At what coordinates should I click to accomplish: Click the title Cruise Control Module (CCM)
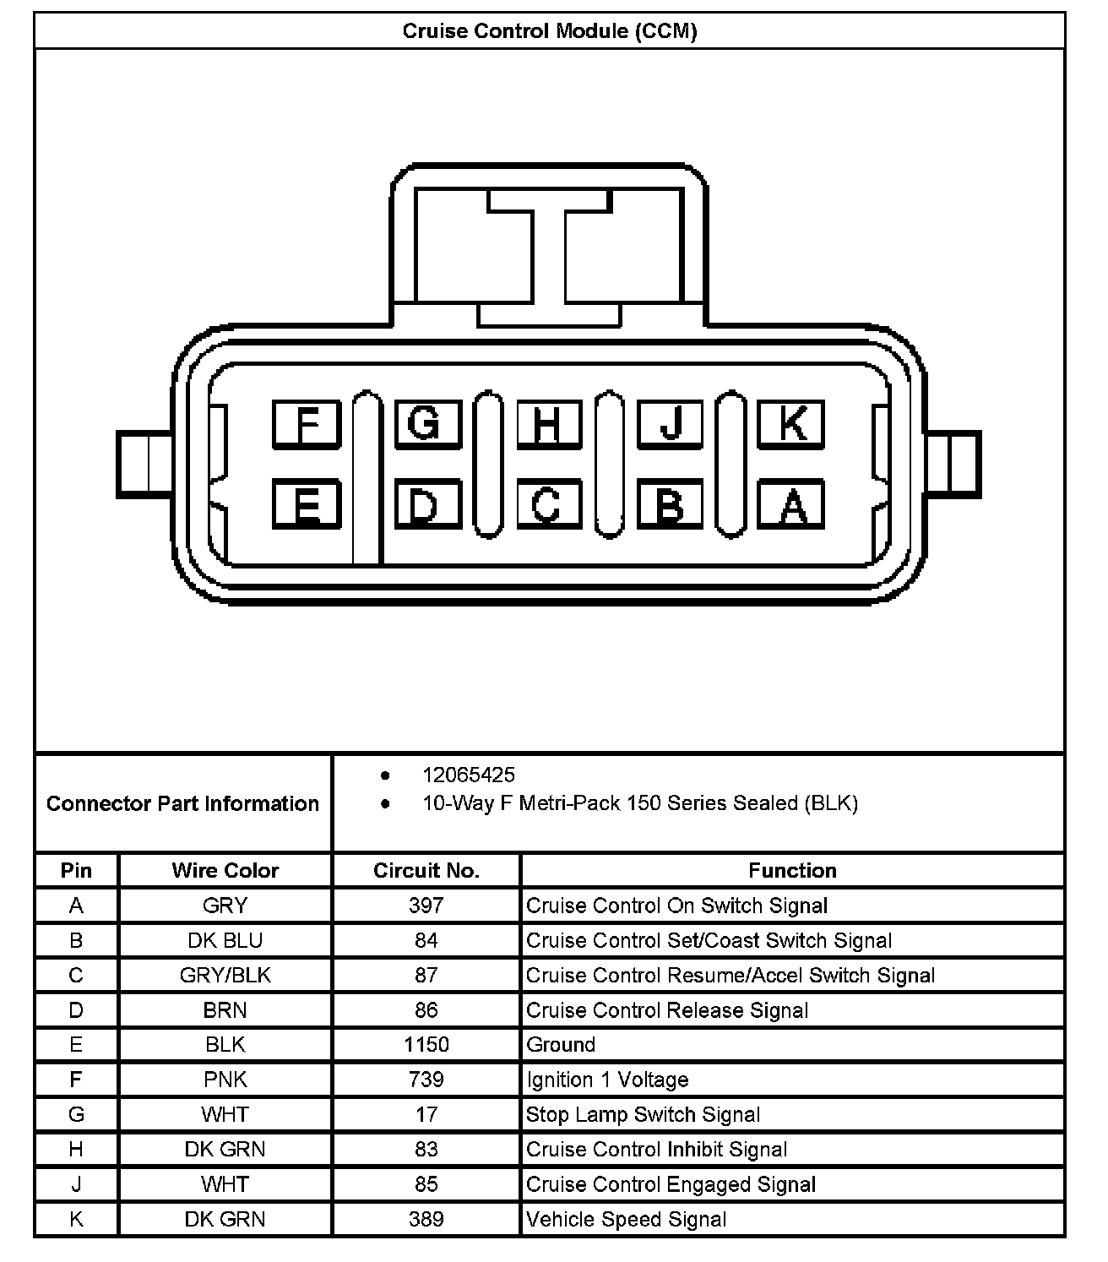coord(549,32)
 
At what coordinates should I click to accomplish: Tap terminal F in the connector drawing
coord(306,423)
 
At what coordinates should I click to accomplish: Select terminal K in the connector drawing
coord(791,423)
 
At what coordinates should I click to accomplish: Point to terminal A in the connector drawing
coord(791,505)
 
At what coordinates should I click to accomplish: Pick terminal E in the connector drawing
coord(306,505)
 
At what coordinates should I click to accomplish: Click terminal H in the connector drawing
coord(548,423)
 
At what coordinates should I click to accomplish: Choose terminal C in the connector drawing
coord(548,505)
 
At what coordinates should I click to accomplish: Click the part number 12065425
coord(469,775)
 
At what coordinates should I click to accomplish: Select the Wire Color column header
coord(225,871)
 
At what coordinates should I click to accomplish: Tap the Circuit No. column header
coord(426,871)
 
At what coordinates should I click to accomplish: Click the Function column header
coord(792,871)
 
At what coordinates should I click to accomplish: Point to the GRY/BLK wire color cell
coord(225,976)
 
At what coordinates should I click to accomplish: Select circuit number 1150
coord(426,1045)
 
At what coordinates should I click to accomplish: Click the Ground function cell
coord(561,1045)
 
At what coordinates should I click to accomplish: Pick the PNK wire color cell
coord(225,1080)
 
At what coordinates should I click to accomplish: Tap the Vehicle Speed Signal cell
coord(626,1220)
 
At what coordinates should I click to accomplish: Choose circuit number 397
coord(426,906)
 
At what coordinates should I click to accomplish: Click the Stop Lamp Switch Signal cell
coord(643,1115)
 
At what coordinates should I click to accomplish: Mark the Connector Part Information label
coord(182,803)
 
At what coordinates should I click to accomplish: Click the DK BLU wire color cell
coord(225,941)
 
